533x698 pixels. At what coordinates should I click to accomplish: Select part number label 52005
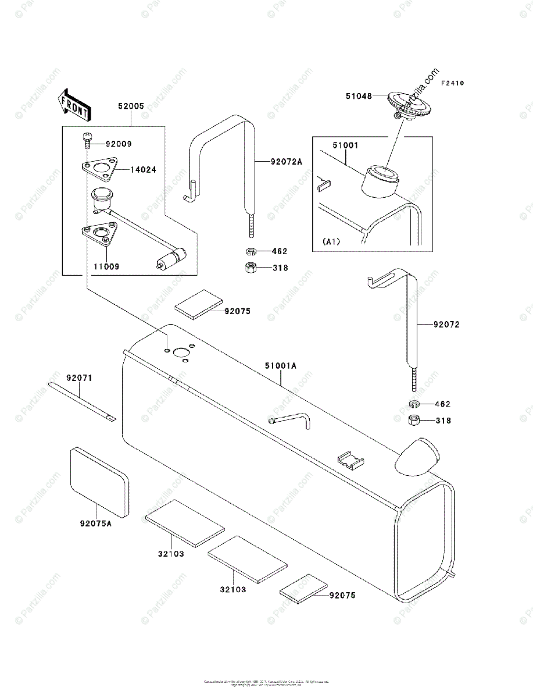coord(131,106)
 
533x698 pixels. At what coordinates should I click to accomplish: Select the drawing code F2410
coord(452,84)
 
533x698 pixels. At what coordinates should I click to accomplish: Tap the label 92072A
coord(286,162)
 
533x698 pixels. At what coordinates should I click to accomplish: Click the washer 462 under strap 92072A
coord(251,252)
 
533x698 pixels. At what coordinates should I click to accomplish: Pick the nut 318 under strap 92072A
coord(251,268)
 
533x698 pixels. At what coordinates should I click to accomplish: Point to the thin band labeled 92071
coord(81,400)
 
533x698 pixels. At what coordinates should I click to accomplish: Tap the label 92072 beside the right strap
coord(446,325)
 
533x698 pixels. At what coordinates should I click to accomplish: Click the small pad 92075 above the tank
coord(199,304)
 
